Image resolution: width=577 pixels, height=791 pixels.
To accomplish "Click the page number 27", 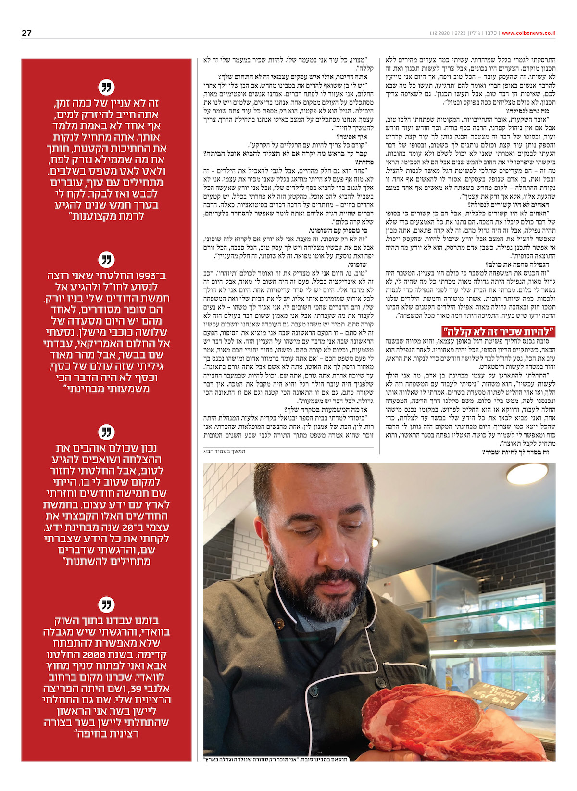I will click(26, 33).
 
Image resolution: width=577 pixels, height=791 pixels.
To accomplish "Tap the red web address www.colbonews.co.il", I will click(528, 33).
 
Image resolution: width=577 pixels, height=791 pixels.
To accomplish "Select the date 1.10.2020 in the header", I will click(439, 33).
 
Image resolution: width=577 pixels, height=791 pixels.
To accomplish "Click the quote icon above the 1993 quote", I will click(106, 260).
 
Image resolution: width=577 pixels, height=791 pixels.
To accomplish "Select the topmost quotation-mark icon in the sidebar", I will click(106, 88).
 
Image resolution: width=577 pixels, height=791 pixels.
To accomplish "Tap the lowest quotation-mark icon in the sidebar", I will click(106, 604).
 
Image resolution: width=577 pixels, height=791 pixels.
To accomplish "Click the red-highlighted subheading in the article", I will click(498, 331).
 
